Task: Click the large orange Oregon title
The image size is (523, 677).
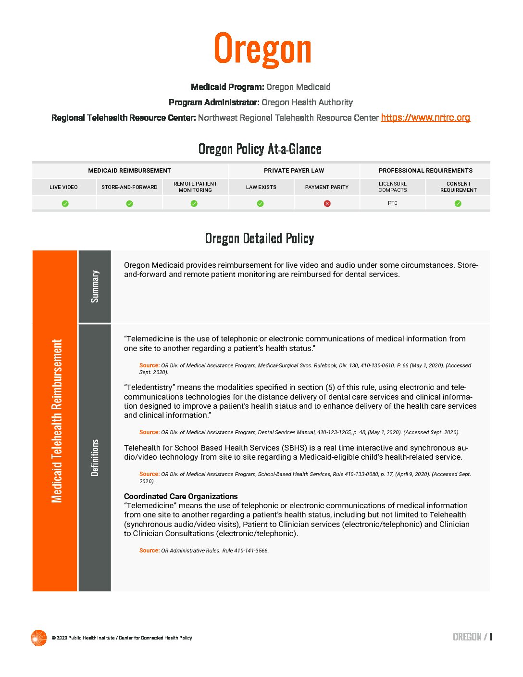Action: click(x=262, y=49)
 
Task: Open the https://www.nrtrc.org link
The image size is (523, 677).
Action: click(x=425, y=118)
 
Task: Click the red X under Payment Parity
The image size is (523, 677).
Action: click(x=327, y=203)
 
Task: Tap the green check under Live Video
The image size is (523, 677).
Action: click(x=65, y=203)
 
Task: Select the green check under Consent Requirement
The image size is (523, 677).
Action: click(x=458, y=203)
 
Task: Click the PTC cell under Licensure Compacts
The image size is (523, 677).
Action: click(x=392, y=203)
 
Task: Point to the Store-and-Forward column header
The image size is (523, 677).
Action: click(x=129, y=187)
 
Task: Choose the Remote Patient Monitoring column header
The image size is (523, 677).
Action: click(x=195, y=187)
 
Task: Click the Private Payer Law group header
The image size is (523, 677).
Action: click(x=294, y=171)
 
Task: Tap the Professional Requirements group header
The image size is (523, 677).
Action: click(x=425, y=171)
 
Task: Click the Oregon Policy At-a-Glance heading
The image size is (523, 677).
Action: click(x=260, y=149)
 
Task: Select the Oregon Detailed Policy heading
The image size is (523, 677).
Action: click(x=260, y=238)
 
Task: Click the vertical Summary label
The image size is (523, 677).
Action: click(x=95, y=286)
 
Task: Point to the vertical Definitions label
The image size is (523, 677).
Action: click(x=95, y=457)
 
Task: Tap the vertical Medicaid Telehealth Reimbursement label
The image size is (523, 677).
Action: click(x=57, y=421)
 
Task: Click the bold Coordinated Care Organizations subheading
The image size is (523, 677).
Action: click(x=181, y=496)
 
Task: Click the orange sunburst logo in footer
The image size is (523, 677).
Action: click(x=38, y=638)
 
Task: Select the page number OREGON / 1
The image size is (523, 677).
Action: click(x=472, y=637)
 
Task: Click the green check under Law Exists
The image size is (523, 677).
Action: click(x=260, y=203)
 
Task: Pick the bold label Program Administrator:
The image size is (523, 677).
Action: click(x=214, y=102)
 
